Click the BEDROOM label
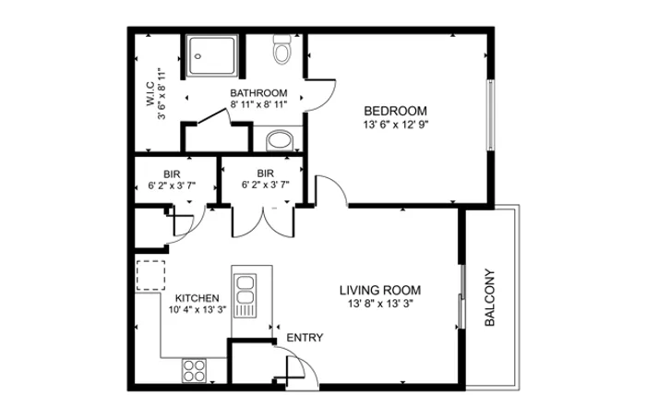pyautogui.click(x=395, y=112)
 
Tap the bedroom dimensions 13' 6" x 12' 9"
pyautogui.click(x=396, y=125)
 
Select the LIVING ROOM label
pyautogui.click(x=380, y=291)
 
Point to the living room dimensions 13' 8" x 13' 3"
pyautogui.click(x=380, y=304)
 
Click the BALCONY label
pyautogui.click(x=489, y=297)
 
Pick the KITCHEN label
pyautogui.click(x=197, y=298)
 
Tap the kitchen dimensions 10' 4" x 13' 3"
pyautogui.click(x=197, y=310)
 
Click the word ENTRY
pyautogui.click(x=305, y=338)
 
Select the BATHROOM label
pyautogui.click(x=258, y=93)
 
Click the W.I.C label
pyautogui.click(x=150, y=94)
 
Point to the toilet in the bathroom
pyautogui.click(x=282, y=49)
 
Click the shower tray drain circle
pyautogui.click(x=198, y=56)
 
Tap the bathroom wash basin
pyautogui.click(x=280, y=140)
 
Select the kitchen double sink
pyautogui.click(x=245, y=295)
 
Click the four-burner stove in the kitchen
pyautogui.click(x=194, y=370)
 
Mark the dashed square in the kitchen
pyautogui.click(x=150, y=275)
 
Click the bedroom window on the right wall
pyautogui.click(x=491, y=115)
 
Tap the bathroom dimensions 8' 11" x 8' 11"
pyautogui.click(x=258, y=104)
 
